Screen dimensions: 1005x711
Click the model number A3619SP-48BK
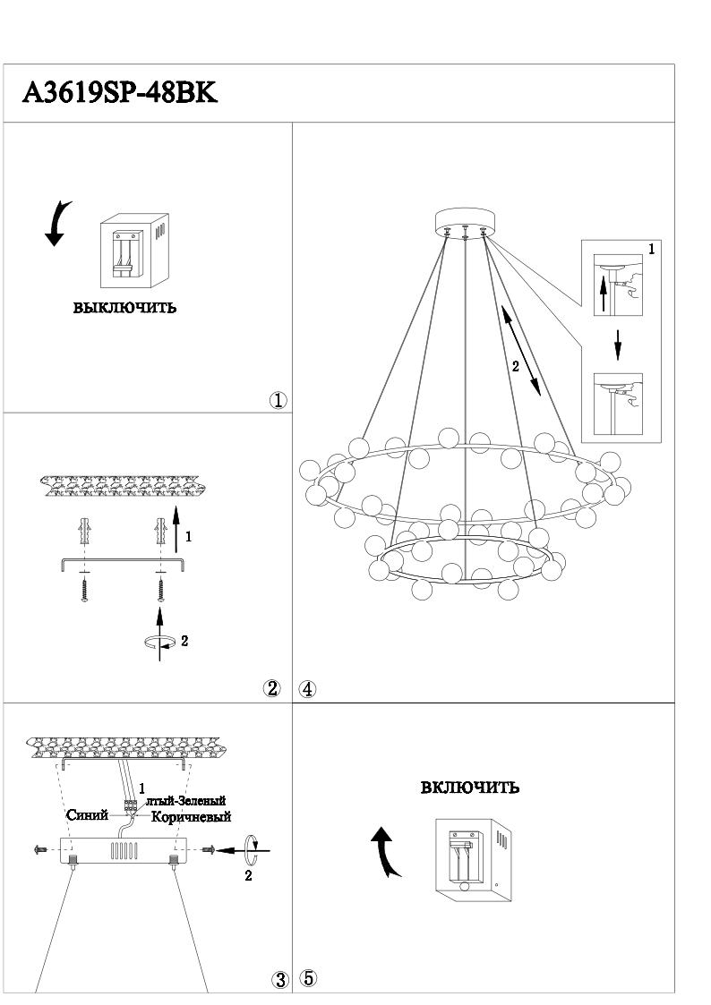click(119, 93)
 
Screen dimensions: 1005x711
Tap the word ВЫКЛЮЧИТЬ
click(124, 309)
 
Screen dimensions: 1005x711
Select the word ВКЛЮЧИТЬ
click(470, 788)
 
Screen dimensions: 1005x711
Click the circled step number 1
click(278, 401)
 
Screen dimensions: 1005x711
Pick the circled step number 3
click(278, 980)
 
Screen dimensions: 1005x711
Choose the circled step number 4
click(307, 689)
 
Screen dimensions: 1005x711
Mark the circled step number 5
click(308, 978)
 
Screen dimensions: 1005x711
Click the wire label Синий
click(88, 815)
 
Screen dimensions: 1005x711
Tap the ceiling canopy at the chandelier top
click(466, 222)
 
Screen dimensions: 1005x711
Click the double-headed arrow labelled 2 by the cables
click(519, 350)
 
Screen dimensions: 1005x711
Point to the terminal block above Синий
click(132, 805)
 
